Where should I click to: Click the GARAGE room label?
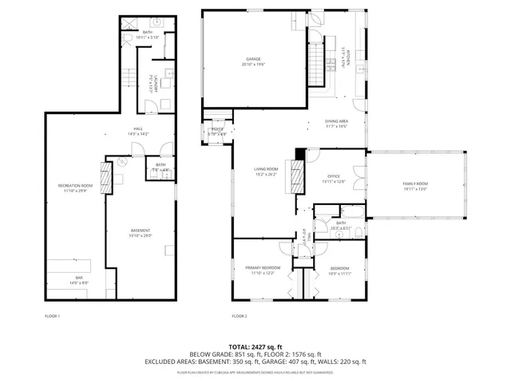coord(253,61)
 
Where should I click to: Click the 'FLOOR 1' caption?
coord(53,317)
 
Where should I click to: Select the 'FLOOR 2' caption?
coord(240,317)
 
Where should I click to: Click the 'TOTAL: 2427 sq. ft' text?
coord(255,346)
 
